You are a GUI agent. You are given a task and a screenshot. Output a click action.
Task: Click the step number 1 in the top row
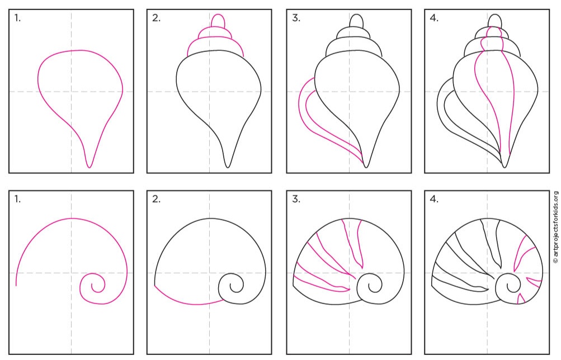tap(17, 18)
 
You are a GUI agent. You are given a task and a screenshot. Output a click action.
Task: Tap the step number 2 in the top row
tap(157, 18)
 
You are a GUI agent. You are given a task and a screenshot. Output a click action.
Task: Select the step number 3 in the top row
tap(296, 18)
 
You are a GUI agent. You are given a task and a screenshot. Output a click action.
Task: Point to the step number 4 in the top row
tap(434, 18)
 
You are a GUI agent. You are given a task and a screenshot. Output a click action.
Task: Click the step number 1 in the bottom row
tap(17, 199)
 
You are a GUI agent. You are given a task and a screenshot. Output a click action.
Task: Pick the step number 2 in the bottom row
tap(157, 199)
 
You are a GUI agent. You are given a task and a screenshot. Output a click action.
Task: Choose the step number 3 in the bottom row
tap(296, 199)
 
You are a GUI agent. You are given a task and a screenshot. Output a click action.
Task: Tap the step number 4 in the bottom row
tap(434, 199)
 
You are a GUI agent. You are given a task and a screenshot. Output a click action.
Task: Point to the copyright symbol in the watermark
tap(555, 261)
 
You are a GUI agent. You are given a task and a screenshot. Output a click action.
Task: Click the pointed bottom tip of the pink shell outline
tap(89, 167)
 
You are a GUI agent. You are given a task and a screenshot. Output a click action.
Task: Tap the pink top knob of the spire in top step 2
tap(218, 21)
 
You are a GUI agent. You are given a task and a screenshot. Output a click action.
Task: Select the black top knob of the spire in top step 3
tap(356, 21)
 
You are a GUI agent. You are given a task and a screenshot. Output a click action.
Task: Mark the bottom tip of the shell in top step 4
tap(505, 167)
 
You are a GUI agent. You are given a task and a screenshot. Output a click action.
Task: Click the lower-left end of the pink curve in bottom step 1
tap(16, 285)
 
